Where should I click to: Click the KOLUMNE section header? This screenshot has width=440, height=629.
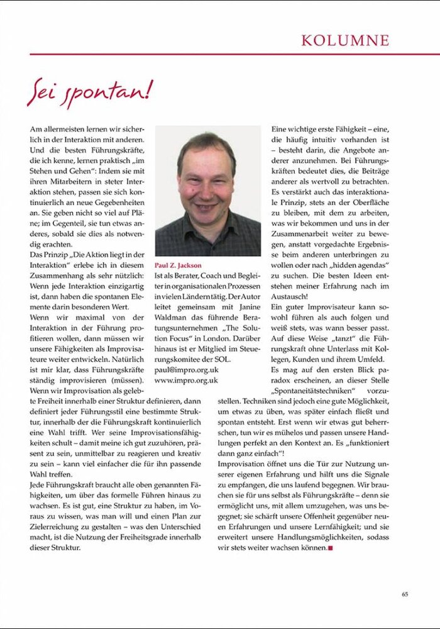point(344,40)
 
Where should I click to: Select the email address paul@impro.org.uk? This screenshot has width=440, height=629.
point(186,370)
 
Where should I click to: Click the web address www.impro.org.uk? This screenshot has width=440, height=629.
point(186,380)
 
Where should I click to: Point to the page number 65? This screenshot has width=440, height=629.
point(405,593)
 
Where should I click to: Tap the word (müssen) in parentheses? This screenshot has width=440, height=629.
point(128,379)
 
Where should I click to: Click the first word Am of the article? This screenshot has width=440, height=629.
point(36,129)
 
